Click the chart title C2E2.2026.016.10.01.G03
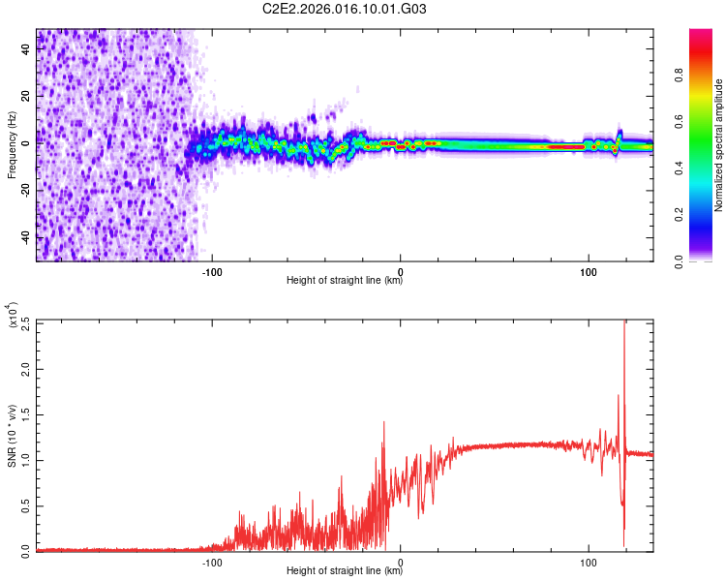345,9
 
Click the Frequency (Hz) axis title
12,144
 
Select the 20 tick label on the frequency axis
26,96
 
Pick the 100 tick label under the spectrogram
588,271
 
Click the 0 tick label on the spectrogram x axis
400,271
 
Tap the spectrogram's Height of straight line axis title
345,282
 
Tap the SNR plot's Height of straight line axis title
345,572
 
